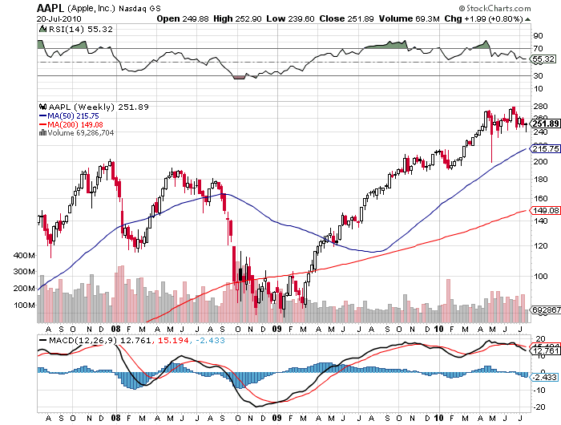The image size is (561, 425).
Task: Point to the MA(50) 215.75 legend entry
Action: [76, 115]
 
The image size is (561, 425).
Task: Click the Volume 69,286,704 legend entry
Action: [79, 133]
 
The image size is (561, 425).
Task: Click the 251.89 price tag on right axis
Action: [545, 123]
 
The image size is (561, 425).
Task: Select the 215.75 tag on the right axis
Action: [545, 148]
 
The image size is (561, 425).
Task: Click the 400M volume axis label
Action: [26, 255]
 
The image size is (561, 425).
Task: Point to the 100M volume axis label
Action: [26, 305]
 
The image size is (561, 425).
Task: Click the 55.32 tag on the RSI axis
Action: [544, 59]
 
